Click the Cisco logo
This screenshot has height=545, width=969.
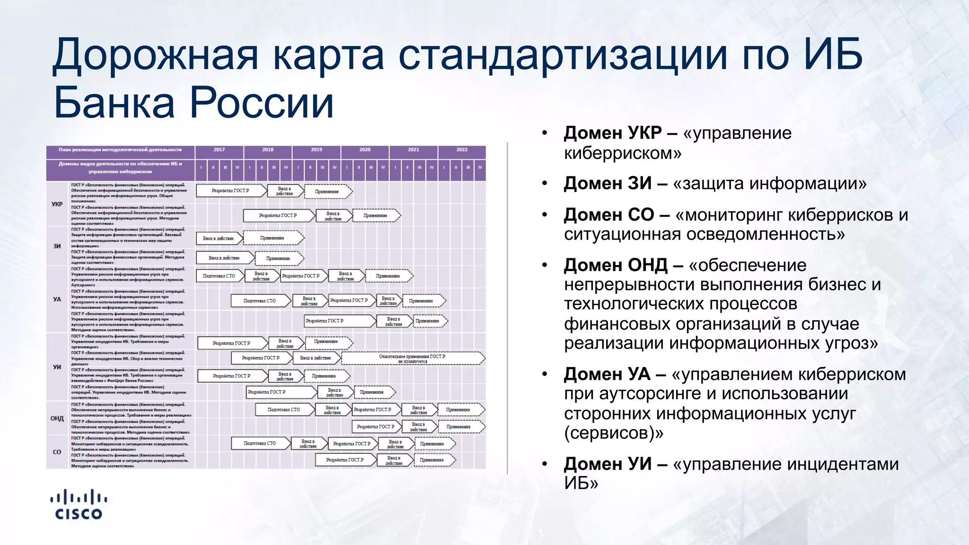click(x=79, y=505)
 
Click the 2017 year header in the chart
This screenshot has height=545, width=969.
click(x=219, y=149)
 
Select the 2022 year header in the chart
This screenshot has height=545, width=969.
click(x=462, y=149)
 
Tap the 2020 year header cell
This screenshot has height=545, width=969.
click(x=365, y=149)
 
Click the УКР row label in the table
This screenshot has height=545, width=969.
click(x=57, y=204)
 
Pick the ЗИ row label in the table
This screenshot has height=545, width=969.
click(x=57, y=246)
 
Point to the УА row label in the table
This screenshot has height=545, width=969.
click(x=57, y=299)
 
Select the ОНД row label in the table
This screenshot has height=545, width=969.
click(x=57, y=418)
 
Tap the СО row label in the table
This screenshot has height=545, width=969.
click(x=57, y=452)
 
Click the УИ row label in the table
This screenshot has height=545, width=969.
click(x=57, y=367)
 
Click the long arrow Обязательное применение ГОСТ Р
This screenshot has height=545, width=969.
click(x=412, y=359)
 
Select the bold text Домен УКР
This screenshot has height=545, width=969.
click(x=613, y=133)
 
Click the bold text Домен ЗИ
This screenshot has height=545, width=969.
click(x=608, y=184)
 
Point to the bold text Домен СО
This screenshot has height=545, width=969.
click(x=608, y=215)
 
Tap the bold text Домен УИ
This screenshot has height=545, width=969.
click(x=608, y=464)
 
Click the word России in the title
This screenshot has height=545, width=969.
click(x=262, y=103)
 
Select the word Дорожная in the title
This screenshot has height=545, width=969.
click(x=156, y=55)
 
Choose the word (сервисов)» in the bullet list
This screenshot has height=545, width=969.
click(x=613, y=433)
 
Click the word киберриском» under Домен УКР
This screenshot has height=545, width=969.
click(x=622, y=153)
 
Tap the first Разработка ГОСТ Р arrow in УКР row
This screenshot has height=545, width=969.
click(x=230, y=191)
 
